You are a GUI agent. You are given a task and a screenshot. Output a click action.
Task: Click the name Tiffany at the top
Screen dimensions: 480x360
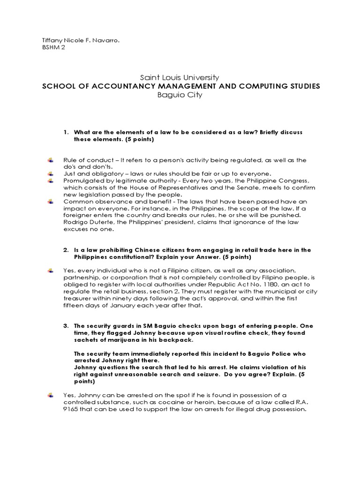[x=51, y=41]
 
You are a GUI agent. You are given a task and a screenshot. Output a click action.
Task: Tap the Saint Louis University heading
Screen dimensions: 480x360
[x=180, y=77]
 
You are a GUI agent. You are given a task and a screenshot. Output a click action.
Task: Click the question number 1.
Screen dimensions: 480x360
[x=66, y=133]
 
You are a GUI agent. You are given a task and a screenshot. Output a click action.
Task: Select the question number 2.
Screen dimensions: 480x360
[x=66, y=250]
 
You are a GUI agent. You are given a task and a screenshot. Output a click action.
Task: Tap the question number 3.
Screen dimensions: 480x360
[x=66, y=325]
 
